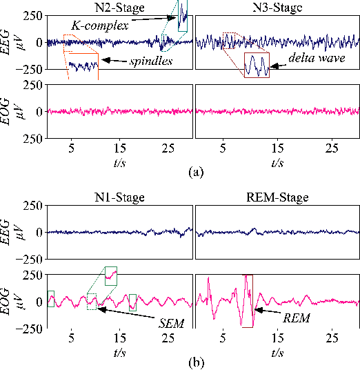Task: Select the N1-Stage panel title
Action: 120,197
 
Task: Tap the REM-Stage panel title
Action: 277,197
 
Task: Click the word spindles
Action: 150,62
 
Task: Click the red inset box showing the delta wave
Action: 257,65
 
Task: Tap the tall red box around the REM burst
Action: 248,301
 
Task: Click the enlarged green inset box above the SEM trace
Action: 111,276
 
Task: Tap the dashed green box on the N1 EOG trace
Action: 92,302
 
